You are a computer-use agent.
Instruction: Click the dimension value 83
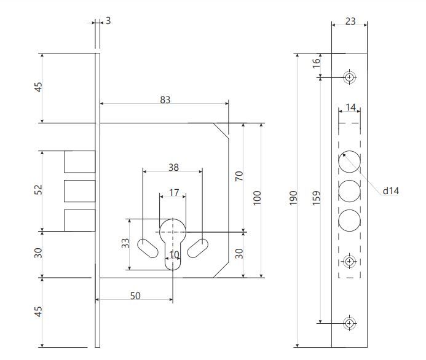point(165,100)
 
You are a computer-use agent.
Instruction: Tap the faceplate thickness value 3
point(108,21)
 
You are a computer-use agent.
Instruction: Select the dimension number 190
point(293,198)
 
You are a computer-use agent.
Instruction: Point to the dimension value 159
point(316,198)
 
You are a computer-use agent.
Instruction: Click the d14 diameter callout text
point(391,191)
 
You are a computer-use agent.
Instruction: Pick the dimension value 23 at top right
point(350,21)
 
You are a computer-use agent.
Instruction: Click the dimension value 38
point(173,168)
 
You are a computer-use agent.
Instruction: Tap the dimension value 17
point(174,192)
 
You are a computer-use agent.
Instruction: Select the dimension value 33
point(125,243)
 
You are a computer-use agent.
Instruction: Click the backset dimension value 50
point(135,295)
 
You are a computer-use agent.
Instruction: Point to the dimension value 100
point(257,198)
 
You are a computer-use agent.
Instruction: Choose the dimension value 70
point(239,176)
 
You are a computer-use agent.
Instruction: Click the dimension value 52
point(38,189)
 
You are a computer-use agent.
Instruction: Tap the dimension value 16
point(316,63)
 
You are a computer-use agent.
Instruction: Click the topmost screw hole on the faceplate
point(350,77)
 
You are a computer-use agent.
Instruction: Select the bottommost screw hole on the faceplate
point(350,323)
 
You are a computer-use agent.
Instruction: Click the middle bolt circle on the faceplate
point(350,191)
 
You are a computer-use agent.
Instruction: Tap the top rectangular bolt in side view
point(79,162)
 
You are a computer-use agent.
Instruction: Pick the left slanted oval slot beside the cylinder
point(148,248)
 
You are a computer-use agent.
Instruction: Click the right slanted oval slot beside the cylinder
point(198,248)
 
